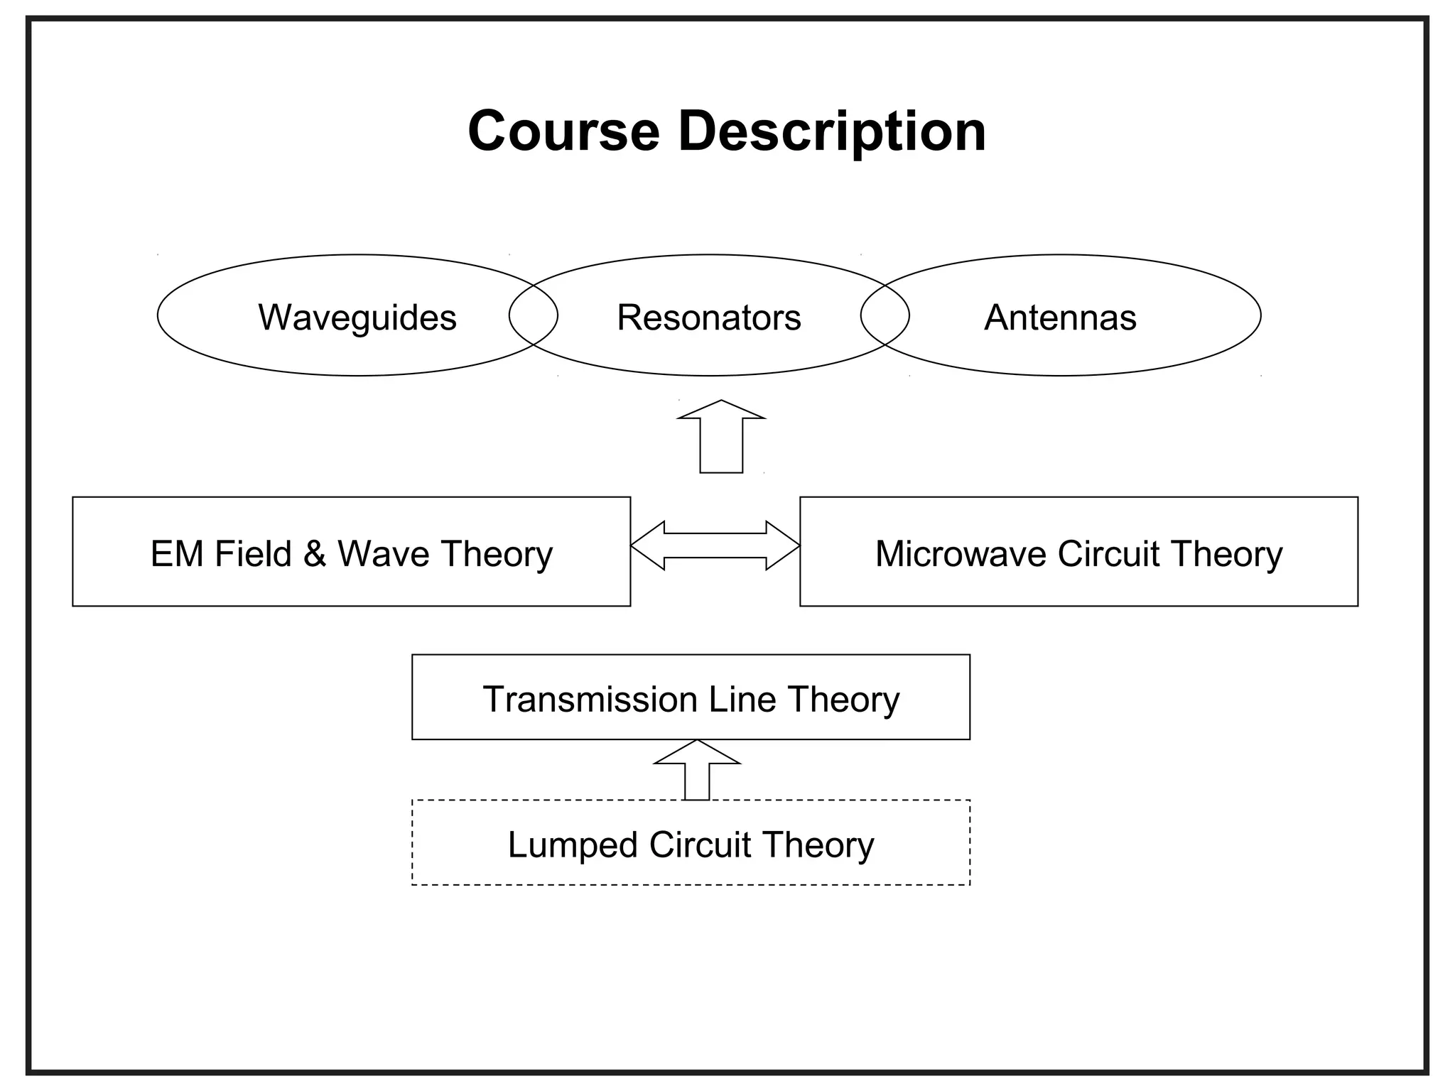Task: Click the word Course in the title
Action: (563, 131)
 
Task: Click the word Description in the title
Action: (832, 131)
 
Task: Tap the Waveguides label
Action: (357, 317)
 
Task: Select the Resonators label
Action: (709, 317)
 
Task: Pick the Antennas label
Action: (1060, 317)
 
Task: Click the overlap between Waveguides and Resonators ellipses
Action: (534, 315)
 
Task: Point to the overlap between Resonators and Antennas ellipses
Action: (885, 315)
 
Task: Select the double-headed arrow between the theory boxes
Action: (715, 545)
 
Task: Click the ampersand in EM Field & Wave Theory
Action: (315, 553)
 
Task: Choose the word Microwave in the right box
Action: (960, 553)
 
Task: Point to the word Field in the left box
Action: (253, 553)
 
